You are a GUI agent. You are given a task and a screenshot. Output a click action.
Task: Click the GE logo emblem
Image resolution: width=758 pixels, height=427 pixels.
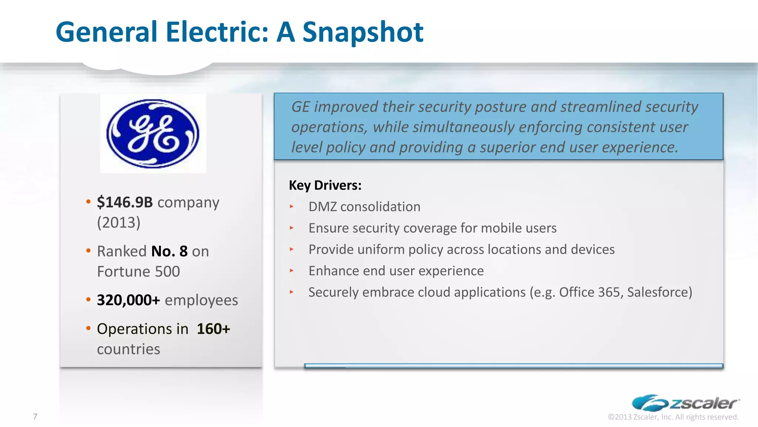[x=153, y=133]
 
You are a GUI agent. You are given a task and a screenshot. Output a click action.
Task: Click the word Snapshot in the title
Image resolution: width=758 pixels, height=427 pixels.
[x=363, y=32]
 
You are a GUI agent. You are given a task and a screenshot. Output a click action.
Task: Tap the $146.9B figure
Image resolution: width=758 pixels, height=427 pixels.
[x=125, y=202]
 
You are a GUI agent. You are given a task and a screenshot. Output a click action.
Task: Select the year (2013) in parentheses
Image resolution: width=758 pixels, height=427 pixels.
[x=119, y=222]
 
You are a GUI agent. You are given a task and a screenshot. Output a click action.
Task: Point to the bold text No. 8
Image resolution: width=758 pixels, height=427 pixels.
[x=170, y=251]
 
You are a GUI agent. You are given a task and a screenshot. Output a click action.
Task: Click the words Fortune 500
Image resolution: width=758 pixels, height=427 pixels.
[x=138, y=272]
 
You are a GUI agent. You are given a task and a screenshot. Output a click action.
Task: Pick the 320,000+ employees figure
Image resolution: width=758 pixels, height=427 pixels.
[x=128, y=300]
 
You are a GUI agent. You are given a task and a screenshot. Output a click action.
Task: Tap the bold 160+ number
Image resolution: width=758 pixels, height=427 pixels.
[x=213, y=329]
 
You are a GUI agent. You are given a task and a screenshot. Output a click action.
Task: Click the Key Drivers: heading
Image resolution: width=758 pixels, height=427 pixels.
[x=325, y=185]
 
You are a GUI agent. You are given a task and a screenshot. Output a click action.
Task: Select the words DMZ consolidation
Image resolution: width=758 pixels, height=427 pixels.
[x=364, y=207]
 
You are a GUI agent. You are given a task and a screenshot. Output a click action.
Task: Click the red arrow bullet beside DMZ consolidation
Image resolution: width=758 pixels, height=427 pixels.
[x=292, y=207]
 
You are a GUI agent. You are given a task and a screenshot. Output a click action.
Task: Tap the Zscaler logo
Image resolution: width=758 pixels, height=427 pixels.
[x=685, y=403]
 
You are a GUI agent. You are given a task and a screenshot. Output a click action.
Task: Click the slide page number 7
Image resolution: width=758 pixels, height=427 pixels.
[x=35, y=417]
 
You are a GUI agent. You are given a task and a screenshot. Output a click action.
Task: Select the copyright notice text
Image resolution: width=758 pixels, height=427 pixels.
[x=673, y=417]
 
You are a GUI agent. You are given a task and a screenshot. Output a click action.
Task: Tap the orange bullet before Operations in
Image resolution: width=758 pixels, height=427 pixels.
[x=88, y=328]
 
